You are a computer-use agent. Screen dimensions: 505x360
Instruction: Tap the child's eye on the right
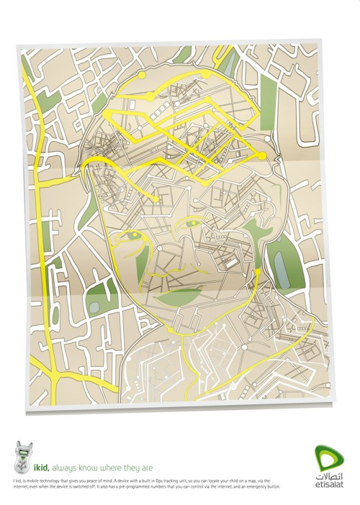(193, 225)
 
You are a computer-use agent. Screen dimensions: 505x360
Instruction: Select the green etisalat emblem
(328, 456)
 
